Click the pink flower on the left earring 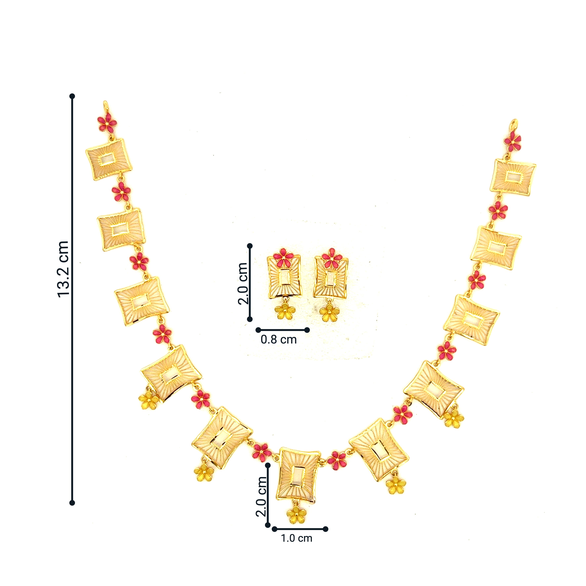(x=283, y=258)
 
